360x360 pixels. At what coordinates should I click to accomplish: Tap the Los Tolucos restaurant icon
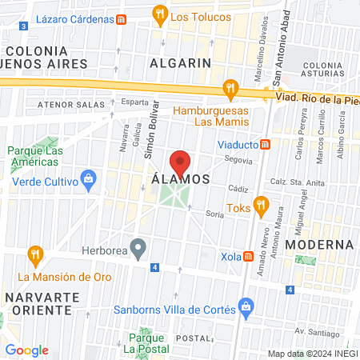tap(160, 14)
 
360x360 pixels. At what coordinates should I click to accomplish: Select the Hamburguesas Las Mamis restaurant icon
tap(230, 87)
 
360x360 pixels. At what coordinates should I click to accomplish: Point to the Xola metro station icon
tap(249, 257)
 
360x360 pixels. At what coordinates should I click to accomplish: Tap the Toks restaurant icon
tap(260, 206)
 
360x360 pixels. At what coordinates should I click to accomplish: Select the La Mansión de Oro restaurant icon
tap(34, 255)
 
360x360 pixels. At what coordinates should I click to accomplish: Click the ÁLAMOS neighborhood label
tap(180, 180)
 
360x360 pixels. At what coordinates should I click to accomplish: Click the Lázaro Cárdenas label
tap(70, 18)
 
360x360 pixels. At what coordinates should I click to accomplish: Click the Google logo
tap(26, 350)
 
